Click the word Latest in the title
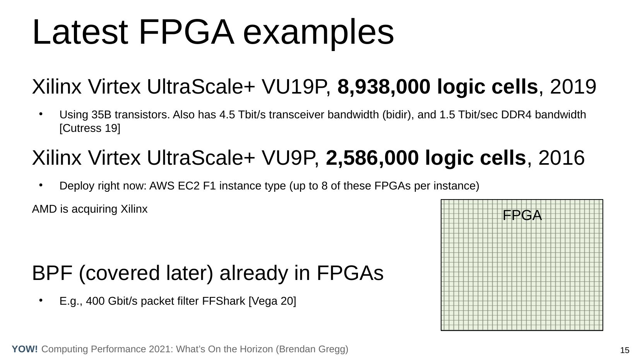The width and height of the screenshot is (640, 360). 80,32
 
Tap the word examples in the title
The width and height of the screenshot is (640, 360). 318,34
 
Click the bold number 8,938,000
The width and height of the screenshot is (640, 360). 384,87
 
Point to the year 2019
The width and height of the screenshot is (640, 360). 573,87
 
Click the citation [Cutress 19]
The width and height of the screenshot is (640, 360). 90,128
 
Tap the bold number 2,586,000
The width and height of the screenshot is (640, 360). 372,158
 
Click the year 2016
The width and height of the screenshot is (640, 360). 561,158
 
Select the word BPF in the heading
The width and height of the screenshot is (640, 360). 52,273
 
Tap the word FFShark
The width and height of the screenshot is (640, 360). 223,301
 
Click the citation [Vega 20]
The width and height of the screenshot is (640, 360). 272,301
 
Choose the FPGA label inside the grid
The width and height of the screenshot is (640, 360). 522,215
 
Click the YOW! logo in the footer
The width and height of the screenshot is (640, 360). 25,349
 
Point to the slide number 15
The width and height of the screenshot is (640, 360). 625,350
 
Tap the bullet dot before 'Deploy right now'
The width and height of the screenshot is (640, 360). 41,185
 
